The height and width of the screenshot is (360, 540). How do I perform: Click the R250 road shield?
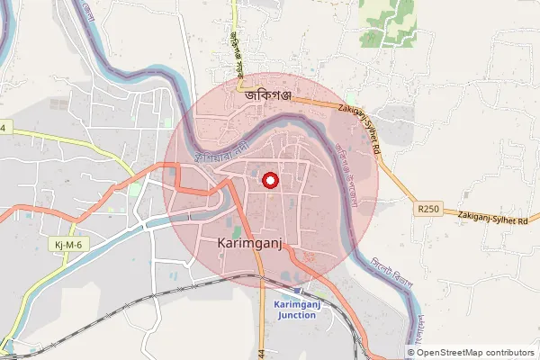(x=429, y=209)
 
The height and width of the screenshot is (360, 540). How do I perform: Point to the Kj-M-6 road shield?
(x=60, y=244)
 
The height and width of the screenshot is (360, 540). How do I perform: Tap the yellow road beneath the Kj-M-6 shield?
(x=40, y=270)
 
